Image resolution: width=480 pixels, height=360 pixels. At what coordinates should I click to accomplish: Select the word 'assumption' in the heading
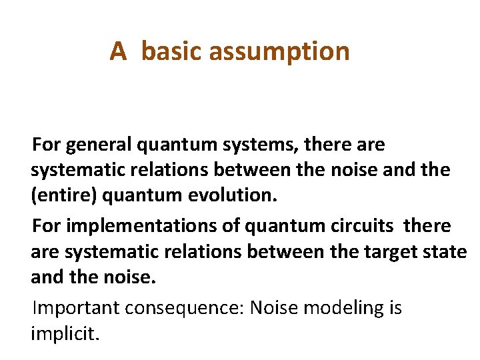pos(281,51)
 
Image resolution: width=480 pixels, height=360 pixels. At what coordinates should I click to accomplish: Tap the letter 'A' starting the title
pos(118,51)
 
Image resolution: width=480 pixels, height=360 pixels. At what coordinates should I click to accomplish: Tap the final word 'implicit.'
pos(65,333)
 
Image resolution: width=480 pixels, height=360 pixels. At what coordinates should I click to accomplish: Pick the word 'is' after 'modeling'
pos(394,309)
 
